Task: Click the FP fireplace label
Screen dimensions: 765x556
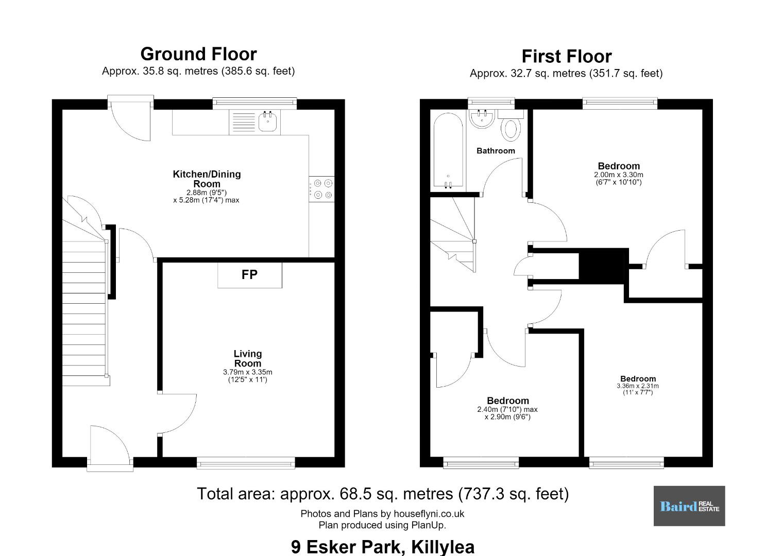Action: click(249, 275)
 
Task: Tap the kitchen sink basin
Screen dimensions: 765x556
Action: click(267, 122)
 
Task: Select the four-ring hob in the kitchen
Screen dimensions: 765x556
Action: click(321, 189)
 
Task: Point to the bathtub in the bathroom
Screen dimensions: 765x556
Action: click(448, 150)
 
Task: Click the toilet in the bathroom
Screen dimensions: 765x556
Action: click(511, 126)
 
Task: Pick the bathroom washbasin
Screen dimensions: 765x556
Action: click(482, 118)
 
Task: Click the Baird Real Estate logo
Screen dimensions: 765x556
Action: click(689, 506)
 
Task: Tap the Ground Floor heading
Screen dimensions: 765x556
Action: click(198, 54)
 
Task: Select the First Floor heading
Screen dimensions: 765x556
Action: click(567, 56)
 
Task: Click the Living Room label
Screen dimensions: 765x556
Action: click(248, 358)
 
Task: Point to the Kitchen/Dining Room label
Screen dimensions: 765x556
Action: click(207, 179)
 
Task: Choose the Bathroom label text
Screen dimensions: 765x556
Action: click(496, 151)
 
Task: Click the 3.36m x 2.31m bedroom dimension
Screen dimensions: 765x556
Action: click(638, 386)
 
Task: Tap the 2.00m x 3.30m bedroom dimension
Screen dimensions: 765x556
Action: click(619, 175)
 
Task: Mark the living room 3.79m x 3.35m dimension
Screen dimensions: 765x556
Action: click(248, 372)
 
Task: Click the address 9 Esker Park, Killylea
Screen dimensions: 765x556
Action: click(382, 547)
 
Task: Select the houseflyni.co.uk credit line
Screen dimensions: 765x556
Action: click(382, 514)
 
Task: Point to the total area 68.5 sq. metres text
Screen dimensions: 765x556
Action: click(383, 494)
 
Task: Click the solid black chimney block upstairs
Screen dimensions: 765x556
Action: click(603, 266)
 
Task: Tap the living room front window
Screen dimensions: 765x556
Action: click(246, 463)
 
